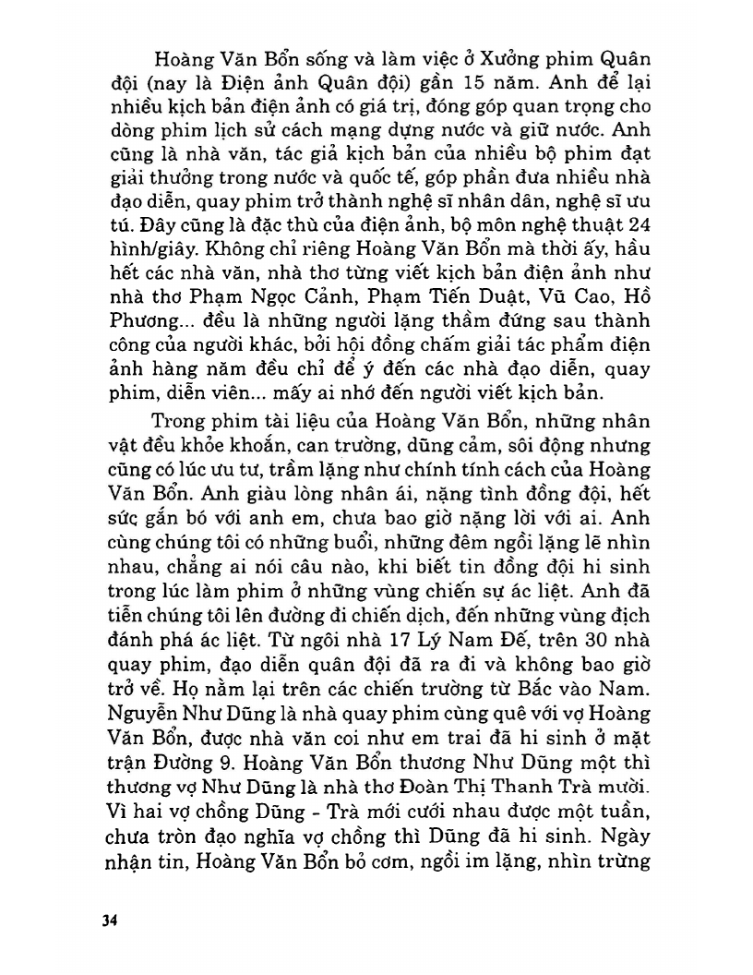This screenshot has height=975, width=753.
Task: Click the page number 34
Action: pos(110,921)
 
